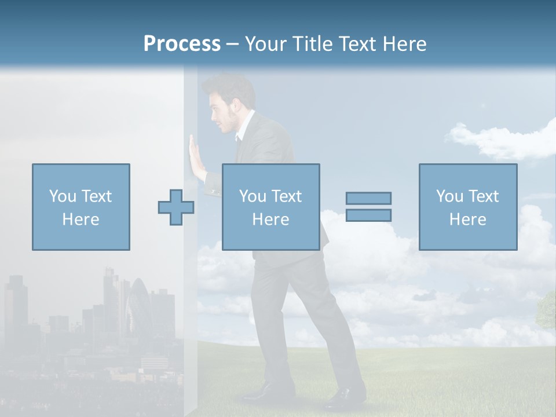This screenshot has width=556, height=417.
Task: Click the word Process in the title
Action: [x=182, y=44]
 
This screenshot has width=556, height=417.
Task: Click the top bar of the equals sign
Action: [x=368, y=198]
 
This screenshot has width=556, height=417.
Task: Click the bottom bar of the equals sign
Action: [x=368, y=215]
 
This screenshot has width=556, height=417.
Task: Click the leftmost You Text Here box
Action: [x=81, y=207]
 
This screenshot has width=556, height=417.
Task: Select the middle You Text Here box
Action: [x=270, y=207]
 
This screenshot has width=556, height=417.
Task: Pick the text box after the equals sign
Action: [x=467, y=207]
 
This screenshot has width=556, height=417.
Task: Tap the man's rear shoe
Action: [x=344, y=398]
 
